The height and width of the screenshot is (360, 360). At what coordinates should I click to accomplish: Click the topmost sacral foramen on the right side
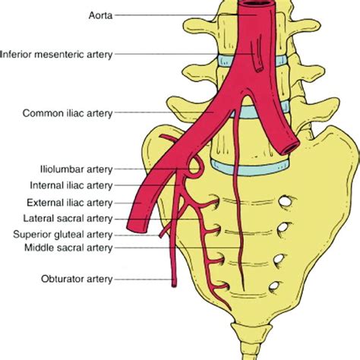pyautogui.click(x=286, y=202)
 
